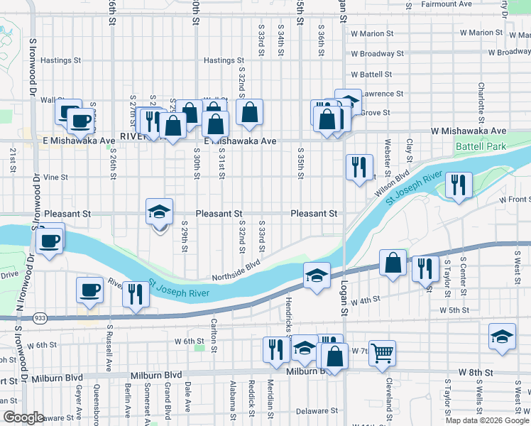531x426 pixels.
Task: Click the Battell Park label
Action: tap(479, 146)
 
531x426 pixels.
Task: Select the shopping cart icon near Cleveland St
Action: tap(382, 351)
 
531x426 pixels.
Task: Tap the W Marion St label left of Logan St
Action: tap(372, 33)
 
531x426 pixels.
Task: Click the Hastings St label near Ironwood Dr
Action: tap(60, 60)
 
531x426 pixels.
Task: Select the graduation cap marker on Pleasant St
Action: tap(159, 212)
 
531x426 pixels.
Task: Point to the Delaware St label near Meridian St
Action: tap(312, 411)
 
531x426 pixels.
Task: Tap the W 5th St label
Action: tap(454, 310)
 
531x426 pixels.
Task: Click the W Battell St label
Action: tap(371, 74)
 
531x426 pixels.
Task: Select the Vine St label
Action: tap(55, 177)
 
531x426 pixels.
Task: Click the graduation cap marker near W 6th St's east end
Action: tap(502, 337)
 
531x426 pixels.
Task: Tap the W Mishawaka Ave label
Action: tap(469, 131)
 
